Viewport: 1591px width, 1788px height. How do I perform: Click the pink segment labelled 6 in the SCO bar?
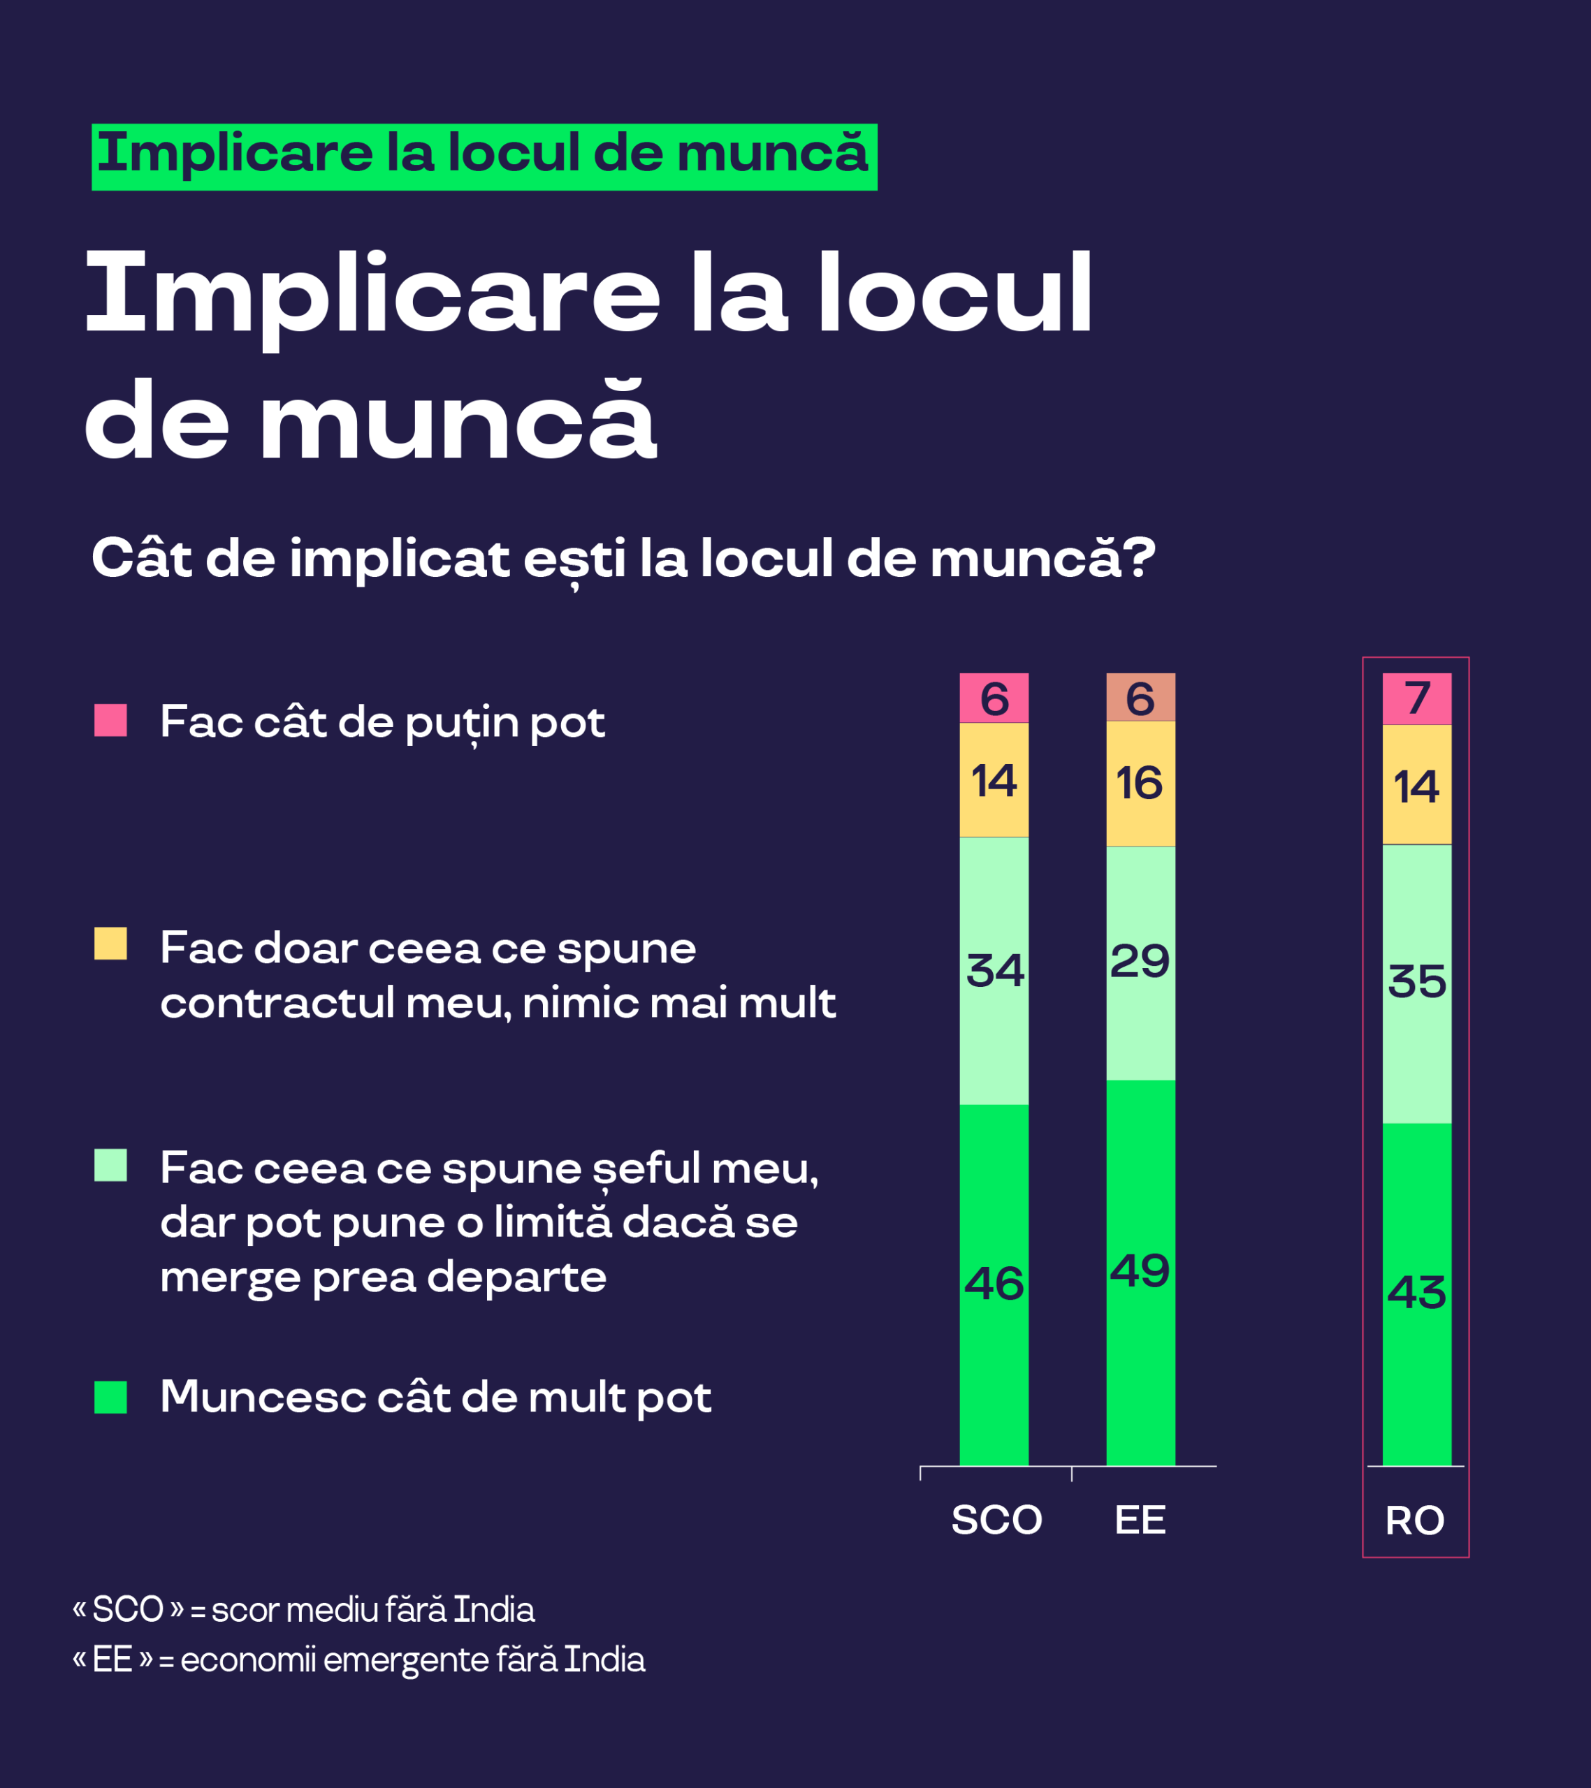[994, 697]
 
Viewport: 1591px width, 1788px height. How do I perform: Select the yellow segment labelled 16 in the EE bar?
[1140, 783]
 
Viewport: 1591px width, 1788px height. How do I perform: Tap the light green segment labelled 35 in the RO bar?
[1417, 983]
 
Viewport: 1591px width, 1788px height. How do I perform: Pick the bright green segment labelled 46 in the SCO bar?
[994, 1285]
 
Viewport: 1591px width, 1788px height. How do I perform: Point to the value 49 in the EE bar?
[1140, 1270]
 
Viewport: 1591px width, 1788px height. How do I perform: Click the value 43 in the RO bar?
[1417, 1292]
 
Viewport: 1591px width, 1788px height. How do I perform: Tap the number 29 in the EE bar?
[1140, 961]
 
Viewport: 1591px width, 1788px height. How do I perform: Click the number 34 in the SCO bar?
[995, 970]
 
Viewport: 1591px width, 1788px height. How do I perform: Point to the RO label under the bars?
[1415, 1521]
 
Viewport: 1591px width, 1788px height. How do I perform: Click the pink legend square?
[110, 720]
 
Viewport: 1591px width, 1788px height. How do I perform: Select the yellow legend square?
[110, 944]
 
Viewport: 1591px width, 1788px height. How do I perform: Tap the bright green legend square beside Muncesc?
[110, 1397]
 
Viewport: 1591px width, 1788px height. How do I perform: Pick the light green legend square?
[110, 1165]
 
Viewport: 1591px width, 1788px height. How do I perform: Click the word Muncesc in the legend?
[263, 1397]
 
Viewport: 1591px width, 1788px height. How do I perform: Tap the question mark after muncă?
[1140, 557]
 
